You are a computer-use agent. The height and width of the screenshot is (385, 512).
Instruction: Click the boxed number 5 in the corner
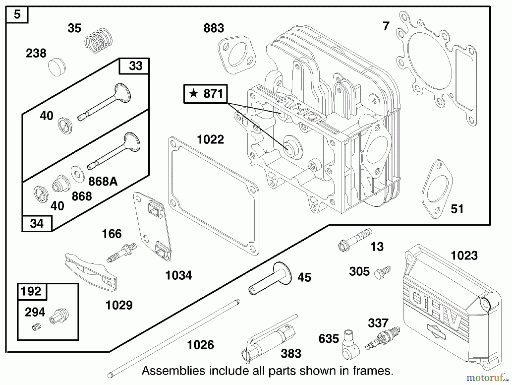[17, 14]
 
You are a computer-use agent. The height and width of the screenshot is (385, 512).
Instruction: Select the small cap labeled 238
[57, 67]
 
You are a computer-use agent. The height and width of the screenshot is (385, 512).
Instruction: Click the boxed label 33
[135, 66]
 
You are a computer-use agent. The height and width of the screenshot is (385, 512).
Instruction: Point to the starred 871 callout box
[205, 94]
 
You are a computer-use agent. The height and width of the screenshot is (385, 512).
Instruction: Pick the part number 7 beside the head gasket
[386, 26]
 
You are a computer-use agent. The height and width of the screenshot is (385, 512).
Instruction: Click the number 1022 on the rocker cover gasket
[210, 140]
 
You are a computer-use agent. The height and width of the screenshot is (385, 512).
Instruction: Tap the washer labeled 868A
[77, 174]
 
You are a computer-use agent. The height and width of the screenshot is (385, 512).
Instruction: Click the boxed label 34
[37, 224]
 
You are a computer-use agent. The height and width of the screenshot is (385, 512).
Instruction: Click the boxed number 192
[31, 291]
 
